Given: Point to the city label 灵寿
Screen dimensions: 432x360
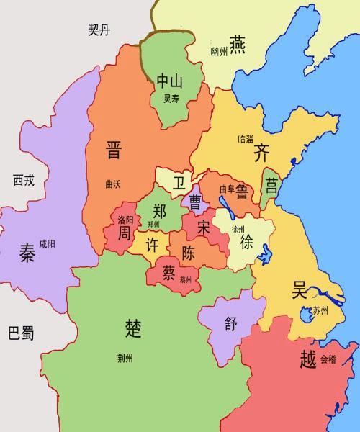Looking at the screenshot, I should pos(171,99).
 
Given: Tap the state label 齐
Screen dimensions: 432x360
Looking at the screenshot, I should pos(261,153).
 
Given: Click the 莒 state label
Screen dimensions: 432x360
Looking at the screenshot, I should pos(271,186).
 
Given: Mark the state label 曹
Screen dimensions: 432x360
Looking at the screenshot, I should pos(194,200).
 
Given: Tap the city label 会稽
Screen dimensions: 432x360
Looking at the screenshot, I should pos(328,358).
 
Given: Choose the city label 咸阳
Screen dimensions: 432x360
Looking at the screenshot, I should pos(47,243).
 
